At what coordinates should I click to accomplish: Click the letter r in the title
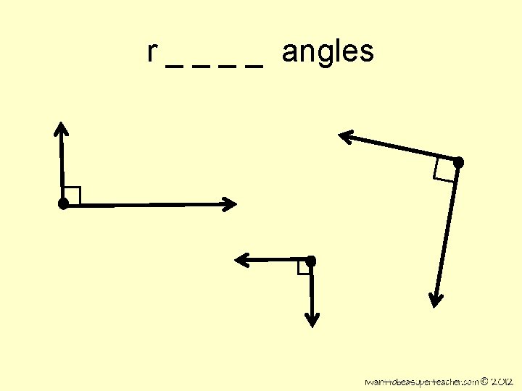152,53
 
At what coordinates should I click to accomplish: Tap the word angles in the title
328,53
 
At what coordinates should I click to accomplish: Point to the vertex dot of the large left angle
64,204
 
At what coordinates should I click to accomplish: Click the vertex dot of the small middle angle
310,260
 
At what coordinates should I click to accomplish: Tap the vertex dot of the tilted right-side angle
457,162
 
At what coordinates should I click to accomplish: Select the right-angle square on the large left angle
72,195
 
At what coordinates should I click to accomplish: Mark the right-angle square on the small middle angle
304,267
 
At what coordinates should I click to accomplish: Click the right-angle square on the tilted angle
444,169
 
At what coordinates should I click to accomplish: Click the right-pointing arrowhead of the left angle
229,204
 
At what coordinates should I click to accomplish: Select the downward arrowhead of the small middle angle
311,319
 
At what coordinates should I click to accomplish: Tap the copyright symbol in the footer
486,380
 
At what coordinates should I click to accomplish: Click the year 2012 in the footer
502,380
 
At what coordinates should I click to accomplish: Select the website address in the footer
422,381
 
